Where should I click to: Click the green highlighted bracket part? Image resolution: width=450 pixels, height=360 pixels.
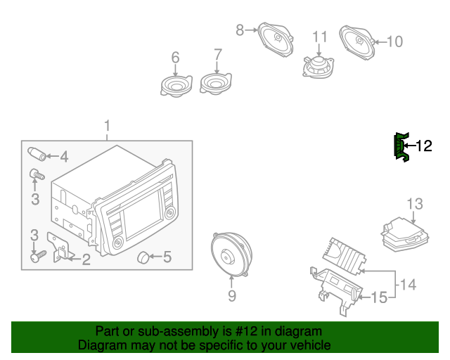[x=400, y=147]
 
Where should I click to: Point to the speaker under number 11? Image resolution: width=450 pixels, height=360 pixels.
[x=319, y=67]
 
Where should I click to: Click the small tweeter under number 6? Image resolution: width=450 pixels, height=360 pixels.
[x=176, y=86]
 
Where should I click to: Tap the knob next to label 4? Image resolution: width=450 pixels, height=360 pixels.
[x=37, y=154]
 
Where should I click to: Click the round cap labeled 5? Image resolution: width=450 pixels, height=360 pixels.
[x=144, y=257]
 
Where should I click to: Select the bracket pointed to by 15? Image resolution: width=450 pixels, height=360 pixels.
[x=335, y=287]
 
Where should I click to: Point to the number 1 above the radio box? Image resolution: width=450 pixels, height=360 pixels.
[x=108, y=126]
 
